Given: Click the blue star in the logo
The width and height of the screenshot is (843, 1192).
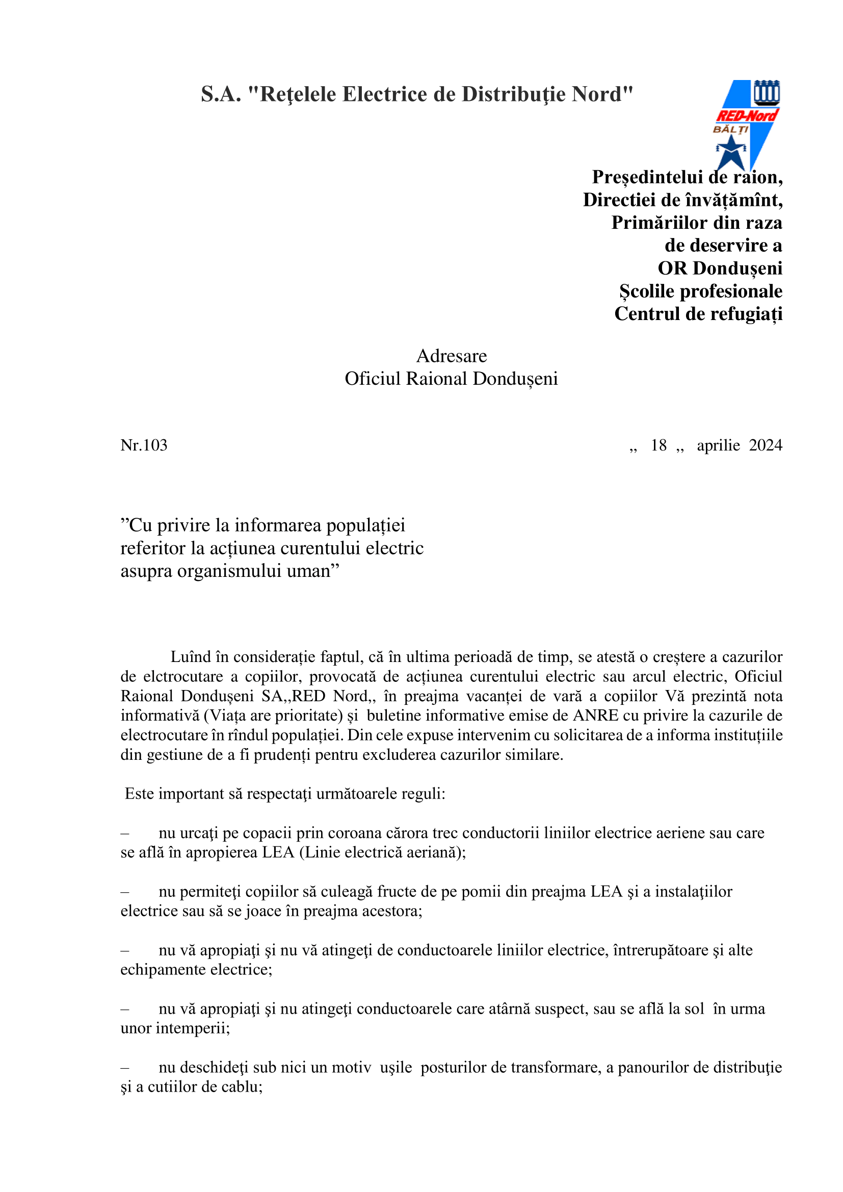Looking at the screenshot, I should point(731,151).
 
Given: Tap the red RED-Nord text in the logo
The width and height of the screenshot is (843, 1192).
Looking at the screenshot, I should point(747,116).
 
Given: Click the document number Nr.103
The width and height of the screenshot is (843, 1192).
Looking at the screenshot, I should point(144,445).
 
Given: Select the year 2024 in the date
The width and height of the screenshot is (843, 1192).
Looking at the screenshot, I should point(766,445).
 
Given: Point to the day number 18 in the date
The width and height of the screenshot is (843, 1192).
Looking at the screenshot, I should point(658,445).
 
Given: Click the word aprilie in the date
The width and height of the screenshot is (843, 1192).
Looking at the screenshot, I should point(719,445).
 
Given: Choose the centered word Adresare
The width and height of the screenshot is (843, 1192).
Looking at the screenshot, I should point(452,356).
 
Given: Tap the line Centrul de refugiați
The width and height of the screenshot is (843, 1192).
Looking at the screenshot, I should point(698,314).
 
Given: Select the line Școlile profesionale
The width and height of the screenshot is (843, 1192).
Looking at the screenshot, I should point(701,292).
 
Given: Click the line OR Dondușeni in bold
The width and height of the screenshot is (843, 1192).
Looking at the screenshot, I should point(720,269).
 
